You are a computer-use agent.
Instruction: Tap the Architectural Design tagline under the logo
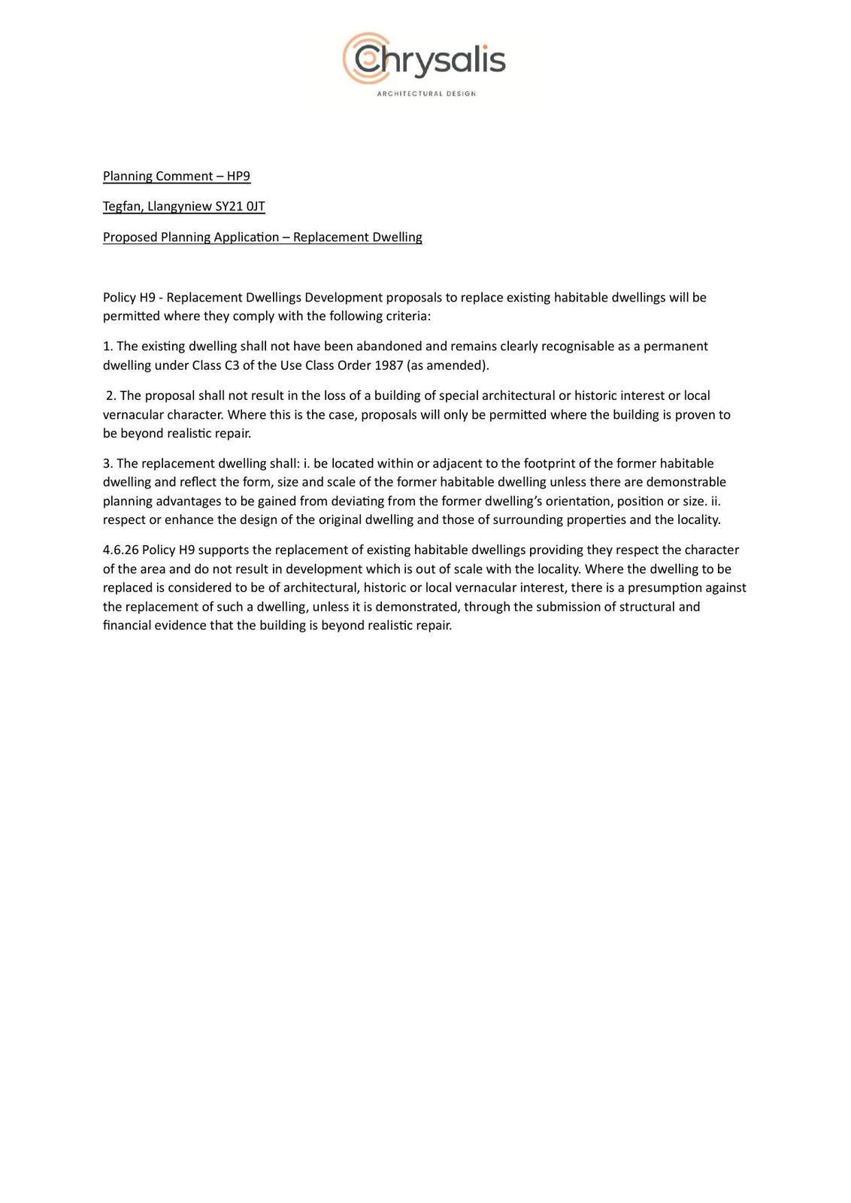tap(425, 94)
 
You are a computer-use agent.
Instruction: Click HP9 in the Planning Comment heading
tap(238, 176)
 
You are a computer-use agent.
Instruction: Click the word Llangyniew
tap(179, 206)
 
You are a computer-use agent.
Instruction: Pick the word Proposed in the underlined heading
tap(130, 237)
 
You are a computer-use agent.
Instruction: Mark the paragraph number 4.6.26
tap(120, 550)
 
